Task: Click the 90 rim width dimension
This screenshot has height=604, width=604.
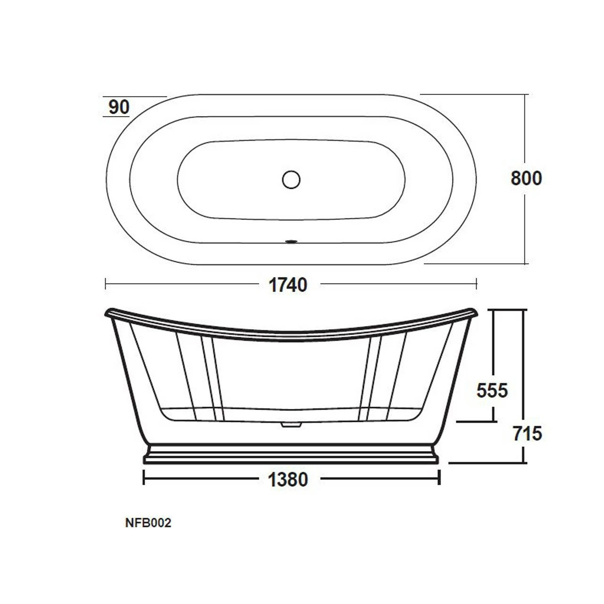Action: [119, 107]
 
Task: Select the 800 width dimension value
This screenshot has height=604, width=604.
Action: [526, 178]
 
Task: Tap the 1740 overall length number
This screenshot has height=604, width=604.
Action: [288, 285]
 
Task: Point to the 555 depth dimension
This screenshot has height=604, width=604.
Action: [492, 391]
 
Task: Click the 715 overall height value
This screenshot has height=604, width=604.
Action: [527, 434]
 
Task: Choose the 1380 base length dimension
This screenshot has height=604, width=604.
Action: [288, 479]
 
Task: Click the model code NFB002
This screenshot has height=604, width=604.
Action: [148, 523]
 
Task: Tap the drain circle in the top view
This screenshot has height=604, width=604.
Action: [291, 180]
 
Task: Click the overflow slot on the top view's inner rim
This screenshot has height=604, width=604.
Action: [291, 241]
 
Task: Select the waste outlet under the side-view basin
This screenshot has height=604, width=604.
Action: [291, 424]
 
